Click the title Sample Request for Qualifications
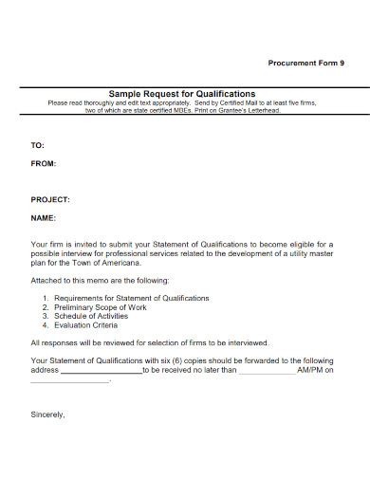[182, 95]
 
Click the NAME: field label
[44, 217]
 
